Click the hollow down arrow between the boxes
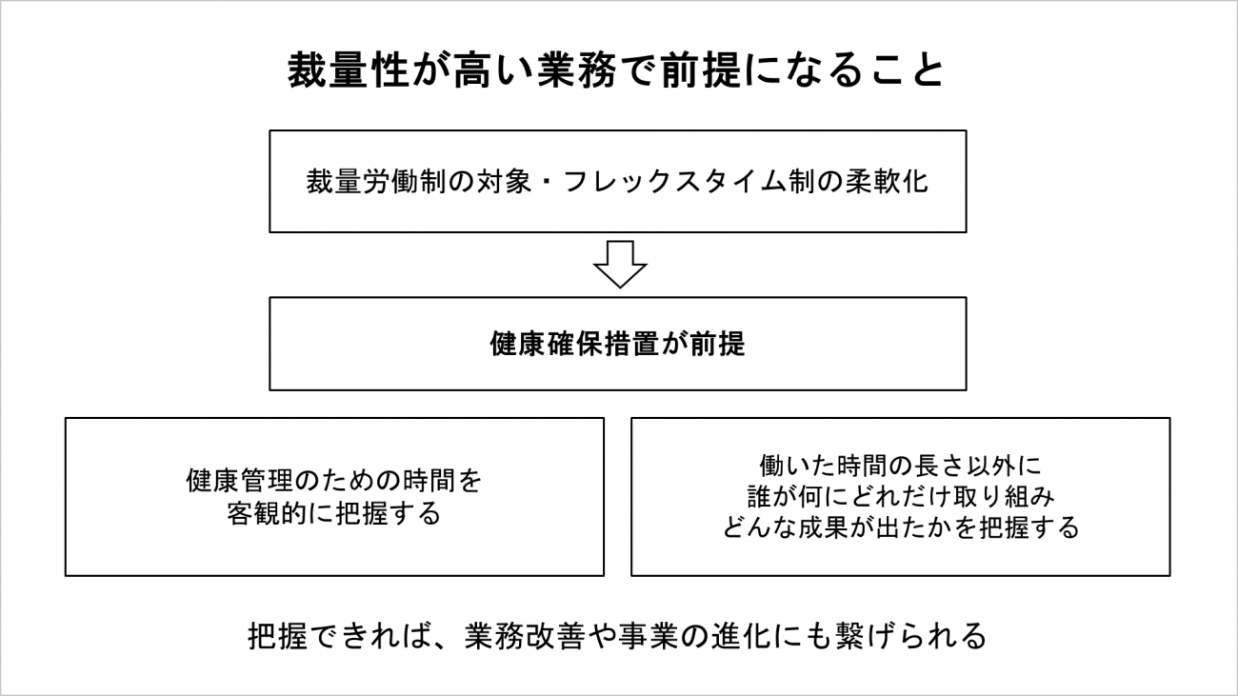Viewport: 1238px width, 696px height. (620, 264)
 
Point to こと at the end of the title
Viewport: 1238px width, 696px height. (909, 70)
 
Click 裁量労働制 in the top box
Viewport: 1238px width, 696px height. (376, 181)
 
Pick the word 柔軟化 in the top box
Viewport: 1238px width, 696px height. (887, 181)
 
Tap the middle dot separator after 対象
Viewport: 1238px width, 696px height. (548, 181)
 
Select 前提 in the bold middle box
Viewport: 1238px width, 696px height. (717, 344)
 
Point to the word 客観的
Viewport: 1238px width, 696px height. (267, 514)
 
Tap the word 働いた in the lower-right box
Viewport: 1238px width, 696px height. (797, 466)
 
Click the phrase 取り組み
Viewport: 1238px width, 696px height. (1002, 497)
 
